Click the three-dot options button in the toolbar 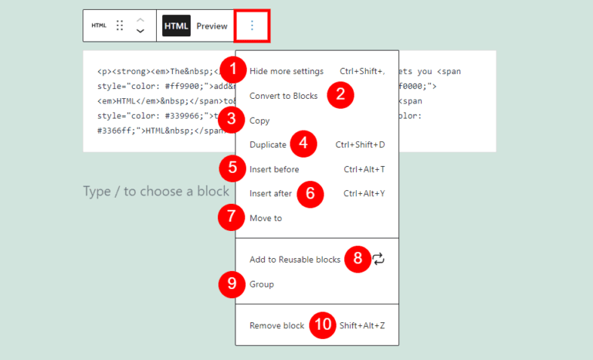click(x=252, y=25)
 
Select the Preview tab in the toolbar click(x=212, y=25)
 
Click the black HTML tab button click(x=176, y=25)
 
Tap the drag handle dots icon click(x=120, y=25)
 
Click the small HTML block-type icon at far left click(x=99, y=25)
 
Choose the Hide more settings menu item click(x=286, y=71)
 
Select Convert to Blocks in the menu click(x=283, y=96)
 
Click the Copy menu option click(x=259, y=121)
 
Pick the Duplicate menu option click(x=268, y=144)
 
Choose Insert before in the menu click(x=274, y=169)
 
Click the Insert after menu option click(x=270, y=193)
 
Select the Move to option click(x=266, y=218)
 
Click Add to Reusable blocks click(x=295, y=260)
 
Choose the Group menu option click(x=262, y=284)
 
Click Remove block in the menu click(x=277, y=325)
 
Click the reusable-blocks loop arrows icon click(x=378, y=260)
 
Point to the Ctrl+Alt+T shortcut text click(x=364, y=169)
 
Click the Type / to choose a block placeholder click(x=156, y=192)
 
